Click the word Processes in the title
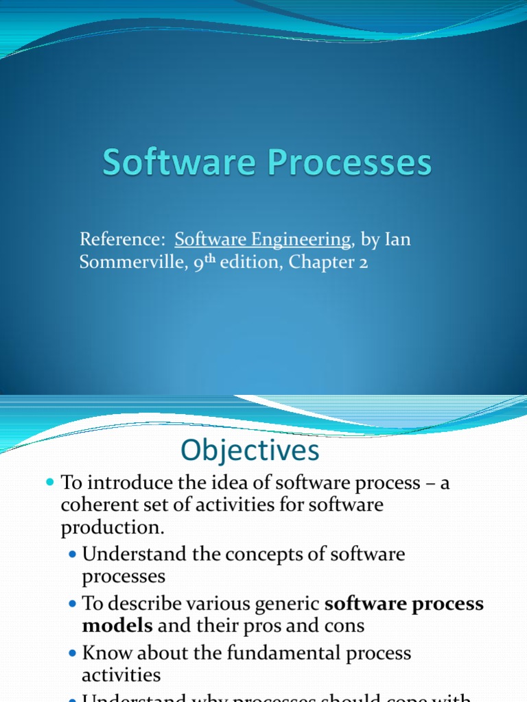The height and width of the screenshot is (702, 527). [344, 164]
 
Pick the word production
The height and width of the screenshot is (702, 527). [113, 528]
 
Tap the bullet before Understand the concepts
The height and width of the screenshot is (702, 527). [73, 554]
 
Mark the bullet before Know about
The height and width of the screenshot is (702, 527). [73, 653]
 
